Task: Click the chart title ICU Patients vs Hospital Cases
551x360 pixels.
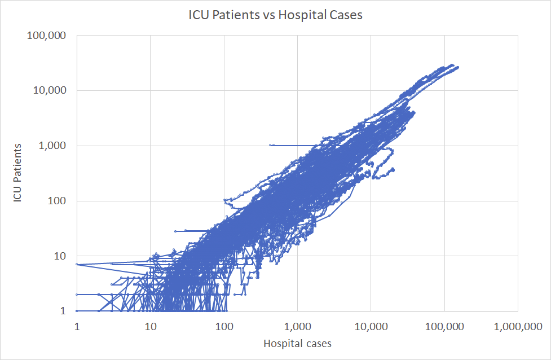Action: pos(275,16)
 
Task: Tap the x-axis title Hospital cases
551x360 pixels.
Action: pos(297,343)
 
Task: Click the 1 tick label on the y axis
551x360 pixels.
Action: pos(64,311)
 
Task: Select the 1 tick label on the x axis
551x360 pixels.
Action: pos(76,326)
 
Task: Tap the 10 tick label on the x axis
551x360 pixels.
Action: pos(150,326)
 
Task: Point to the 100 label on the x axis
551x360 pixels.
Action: pos(224,326)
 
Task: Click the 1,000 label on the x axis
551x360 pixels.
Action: pos(297,326)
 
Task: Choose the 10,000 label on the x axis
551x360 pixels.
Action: pos(371,326)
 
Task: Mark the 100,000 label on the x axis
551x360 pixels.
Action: pos(444,326)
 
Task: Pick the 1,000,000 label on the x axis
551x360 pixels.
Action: pos(518,326)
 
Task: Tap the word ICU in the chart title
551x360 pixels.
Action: pos(197,16)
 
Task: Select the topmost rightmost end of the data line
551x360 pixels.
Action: pos(458,67)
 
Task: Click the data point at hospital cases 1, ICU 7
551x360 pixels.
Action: pos(77,264)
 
